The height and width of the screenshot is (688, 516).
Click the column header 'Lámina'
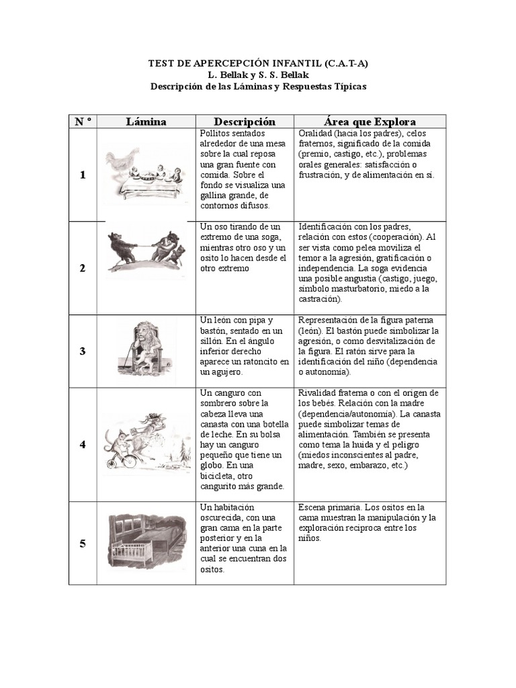tap(146, 122)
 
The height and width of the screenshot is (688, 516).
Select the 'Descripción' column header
tap(245, 122)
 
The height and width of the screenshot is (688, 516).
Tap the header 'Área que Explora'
tap(370, 122)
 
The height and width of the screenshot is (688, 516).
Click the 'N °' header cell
tap(83, 122)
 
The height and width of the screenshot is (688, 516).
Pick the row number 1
tap(83, 175)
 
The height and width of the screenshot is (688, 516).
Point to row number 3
tap(83, 351)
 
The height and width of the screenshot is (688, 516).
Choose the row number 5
tap(83, 544)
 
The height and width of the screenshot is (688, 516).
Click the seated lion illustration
tap(144, 346)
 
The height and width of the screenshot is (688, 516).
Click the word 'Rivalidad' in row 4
tap(318, 392)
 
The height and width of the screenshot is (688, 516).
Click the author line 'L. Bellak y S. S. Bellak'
tap(258, 75)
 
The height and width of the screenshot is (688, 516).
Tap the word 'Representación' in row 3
tap(331, 320)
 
